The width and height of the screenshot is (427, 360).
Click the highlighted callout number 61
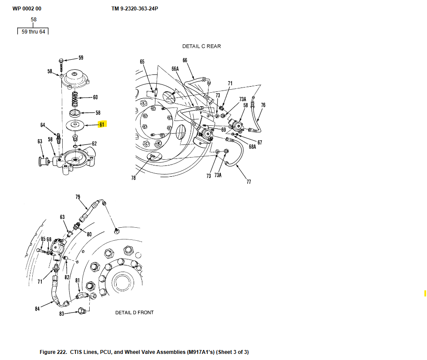point(102,124)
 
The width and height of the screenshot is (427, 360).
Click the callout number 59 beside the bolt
point(81,57)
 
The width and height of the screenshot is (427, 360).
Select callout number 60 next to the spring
point(95,97)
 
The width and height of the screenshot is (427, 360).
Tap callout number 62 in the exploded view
point(94,144)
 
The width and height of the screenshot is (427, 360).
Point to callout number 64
point(43,125)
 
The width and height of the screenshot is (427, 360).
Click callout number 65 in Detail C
point(142,62)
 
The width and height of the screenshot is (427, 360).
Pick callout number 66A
point(175,69)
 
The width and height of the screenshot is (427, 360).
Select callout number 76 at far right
point(263,105)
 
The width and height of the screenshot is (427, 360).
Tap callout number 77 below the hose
point(249,182)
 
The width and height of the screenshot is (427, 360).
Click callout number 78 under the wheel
point(133,178)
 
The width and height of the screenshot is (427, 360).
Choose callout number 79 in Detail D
point(78,197)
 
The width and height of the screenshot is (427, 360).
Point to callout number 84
point(37,309)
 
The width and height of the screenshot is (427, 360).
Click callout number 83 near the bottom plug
point(62,313)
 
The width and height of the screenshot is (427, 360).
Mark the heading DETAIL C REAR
point(202,47)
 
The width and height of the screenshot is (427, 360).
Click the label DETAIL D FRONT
point(134,313)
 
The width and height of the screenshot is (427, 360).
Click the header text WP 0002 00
point(27,8)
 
